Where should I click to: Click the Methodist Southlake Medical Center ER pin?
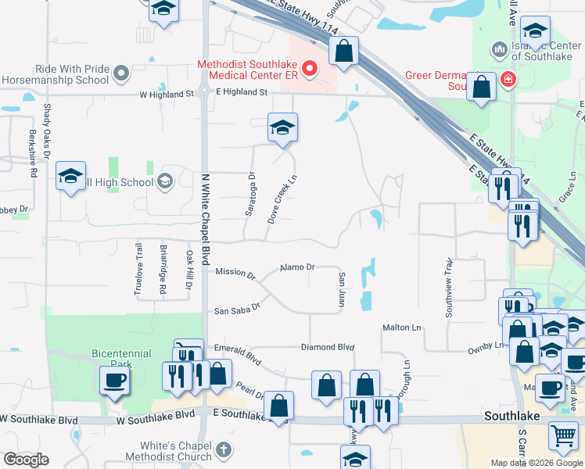point(309,70)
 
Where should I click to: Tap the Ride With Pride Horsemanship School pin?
point(120,74)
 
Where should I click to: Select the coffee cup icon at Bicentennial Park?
point(114,381)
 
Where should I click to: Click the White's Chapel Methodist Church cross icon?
point(224,449)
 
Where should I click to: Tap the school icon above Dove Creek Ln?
point(282,128)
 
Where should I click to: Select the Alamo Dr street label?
point(297,267)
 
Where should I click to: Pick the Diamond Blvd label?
point(328,347)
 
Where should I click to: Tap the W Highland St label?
point(167,95)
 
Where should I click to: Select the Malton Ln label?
point(401,328)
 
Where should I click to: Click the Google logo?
point(26,460)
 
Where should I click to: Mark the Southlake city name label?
point(511,416)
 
